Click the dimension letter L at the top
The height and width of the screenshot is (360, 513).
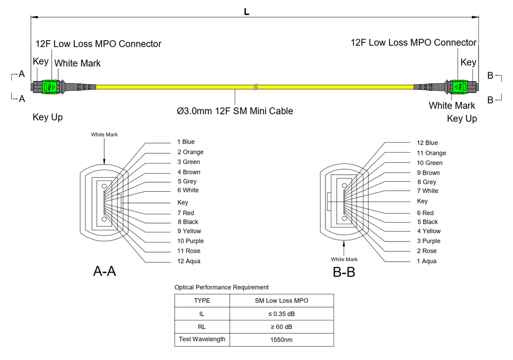246,12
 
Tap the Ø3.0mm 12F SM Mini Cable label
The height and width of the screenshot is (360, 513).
235,111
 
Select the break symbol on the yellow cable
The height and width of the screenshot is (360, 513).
256,86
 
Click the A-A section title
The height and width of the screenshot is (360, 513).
104,271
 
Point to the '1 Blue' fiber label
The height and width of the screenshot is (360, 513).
186,142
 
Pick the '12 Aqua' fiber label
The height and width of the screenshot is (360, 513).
189,261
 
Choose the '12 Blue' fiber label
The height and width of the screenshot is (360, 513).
427,143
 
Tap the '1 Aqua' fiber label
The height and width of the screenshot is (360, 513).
426,261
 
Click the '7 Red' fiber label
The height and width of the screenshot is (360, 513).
185,213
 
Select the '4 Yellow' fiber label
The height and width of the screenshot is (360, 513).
429,231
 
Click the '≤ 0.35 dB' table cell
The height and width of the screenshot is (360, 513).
281,314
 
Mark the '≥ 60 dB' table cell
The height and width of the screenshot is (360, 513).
281,326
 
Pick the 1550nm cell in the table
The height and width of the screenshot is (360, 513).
281,340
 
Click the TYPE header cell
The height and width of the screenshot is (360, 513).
202,301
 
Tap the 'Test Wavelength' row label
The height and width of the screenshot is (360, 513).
202,339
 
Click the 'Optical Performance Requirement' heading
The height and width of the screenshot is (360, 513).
221,287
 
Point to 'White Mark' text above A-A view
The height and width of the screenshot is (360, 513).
104,135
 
